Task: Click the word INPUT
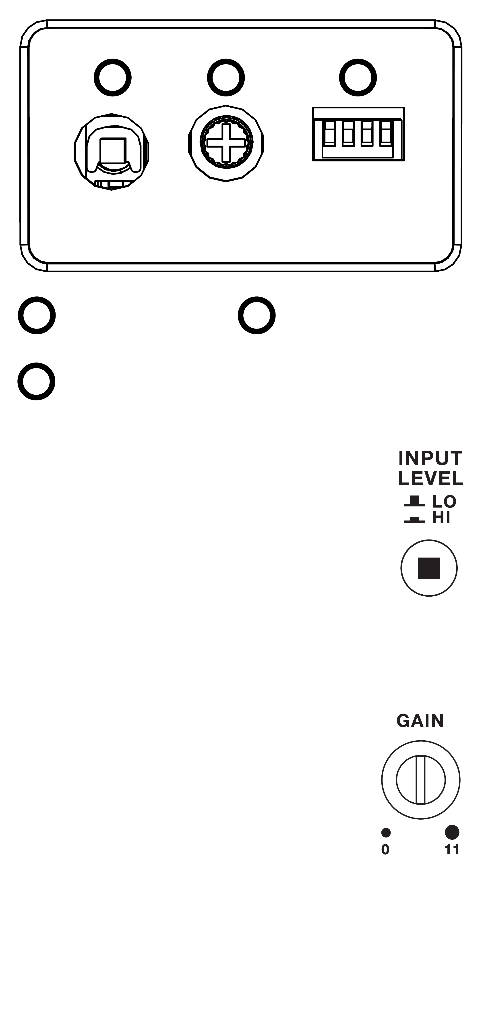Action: coord(430,458)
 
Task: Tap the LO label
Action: coord(445,502)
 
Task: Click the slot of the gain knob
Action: coord(421,780)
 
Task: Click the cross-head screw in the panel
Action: coord(226,143)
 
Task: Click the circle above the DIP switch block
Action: coord(358,77)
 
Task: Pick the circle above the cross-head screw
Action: coord(226,77)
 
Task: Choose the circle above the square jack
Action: coord(112,77)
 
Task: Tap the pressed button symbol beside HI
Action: coord(414,520)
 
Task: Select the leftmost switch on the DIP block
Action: coord(330,133)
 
